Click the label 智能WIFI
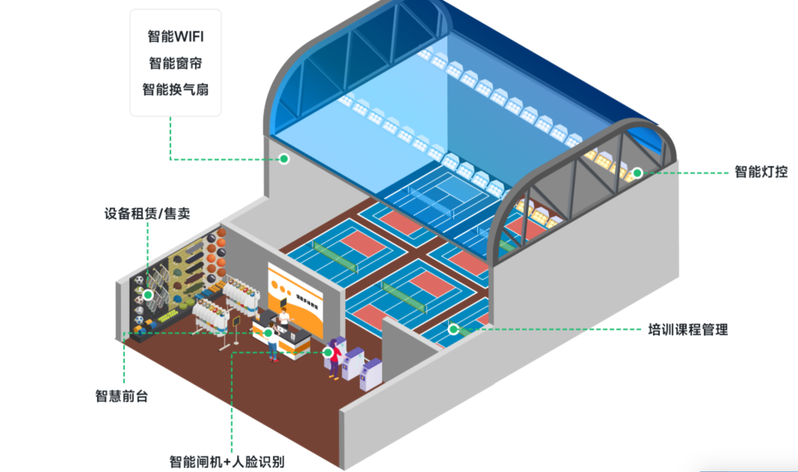tap(175, 37)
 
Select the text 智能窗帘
tap(175, 63)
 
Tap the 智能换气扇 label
tap(175, 89)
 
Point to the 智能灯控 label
tap(761, 172)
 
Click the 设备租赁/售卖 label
tap(147, 214)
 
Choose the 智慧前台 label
tap(122, 397)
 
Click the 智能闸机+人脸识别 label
tap(227, 462)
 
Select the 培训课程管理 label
tap(688, 330)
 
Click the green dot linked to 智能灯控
tap(637, 173)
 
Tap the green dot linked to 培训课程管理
tap(453, 329)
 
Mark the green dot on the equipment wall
tap(148, 295)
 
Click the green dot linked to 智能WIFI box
tap(284, 159)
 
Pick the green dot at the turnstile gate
tap(328, 352)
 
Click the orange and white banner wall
tap(295, 299)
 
